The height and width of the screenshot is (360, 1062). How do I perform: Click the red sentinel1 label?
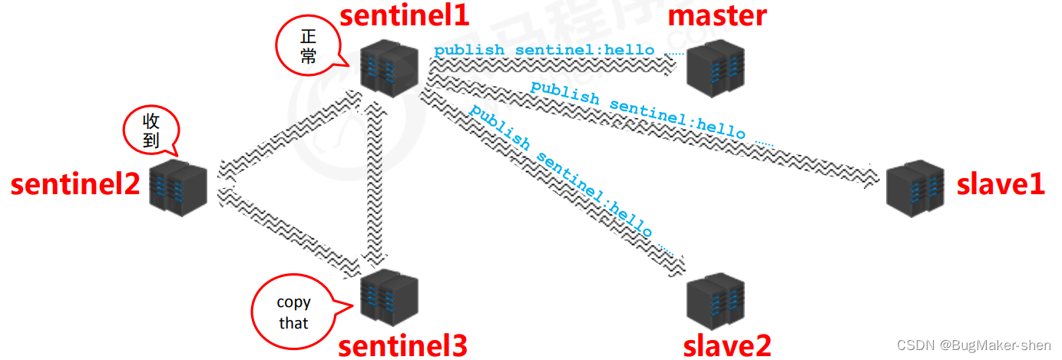point(405,15)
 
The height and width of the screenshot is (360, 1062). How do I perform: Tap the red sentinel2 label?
point(75,184)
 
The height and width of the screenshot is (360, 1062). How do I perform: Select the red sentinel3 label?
point(402,346)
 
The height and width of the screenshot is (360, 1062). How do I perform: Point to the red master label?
point(717,15)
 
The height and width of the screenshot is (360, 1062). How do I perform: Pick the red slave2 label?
point(726,346)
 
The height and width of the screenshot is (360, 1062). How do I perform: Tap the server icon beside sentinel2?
point(177,187)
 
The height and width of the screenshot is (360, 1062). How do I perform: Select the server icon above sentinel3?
point(389,296)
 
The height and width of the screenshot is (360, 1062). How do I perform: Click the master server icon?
point(715,68)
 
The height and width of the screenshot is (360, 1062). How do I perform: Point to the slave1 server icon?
point(915,187)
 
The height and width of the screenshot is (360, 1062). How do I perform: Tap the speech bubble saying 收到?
point(151,130)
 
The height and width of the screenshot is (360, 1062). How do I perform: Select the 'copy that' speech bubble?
point(293,312)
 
